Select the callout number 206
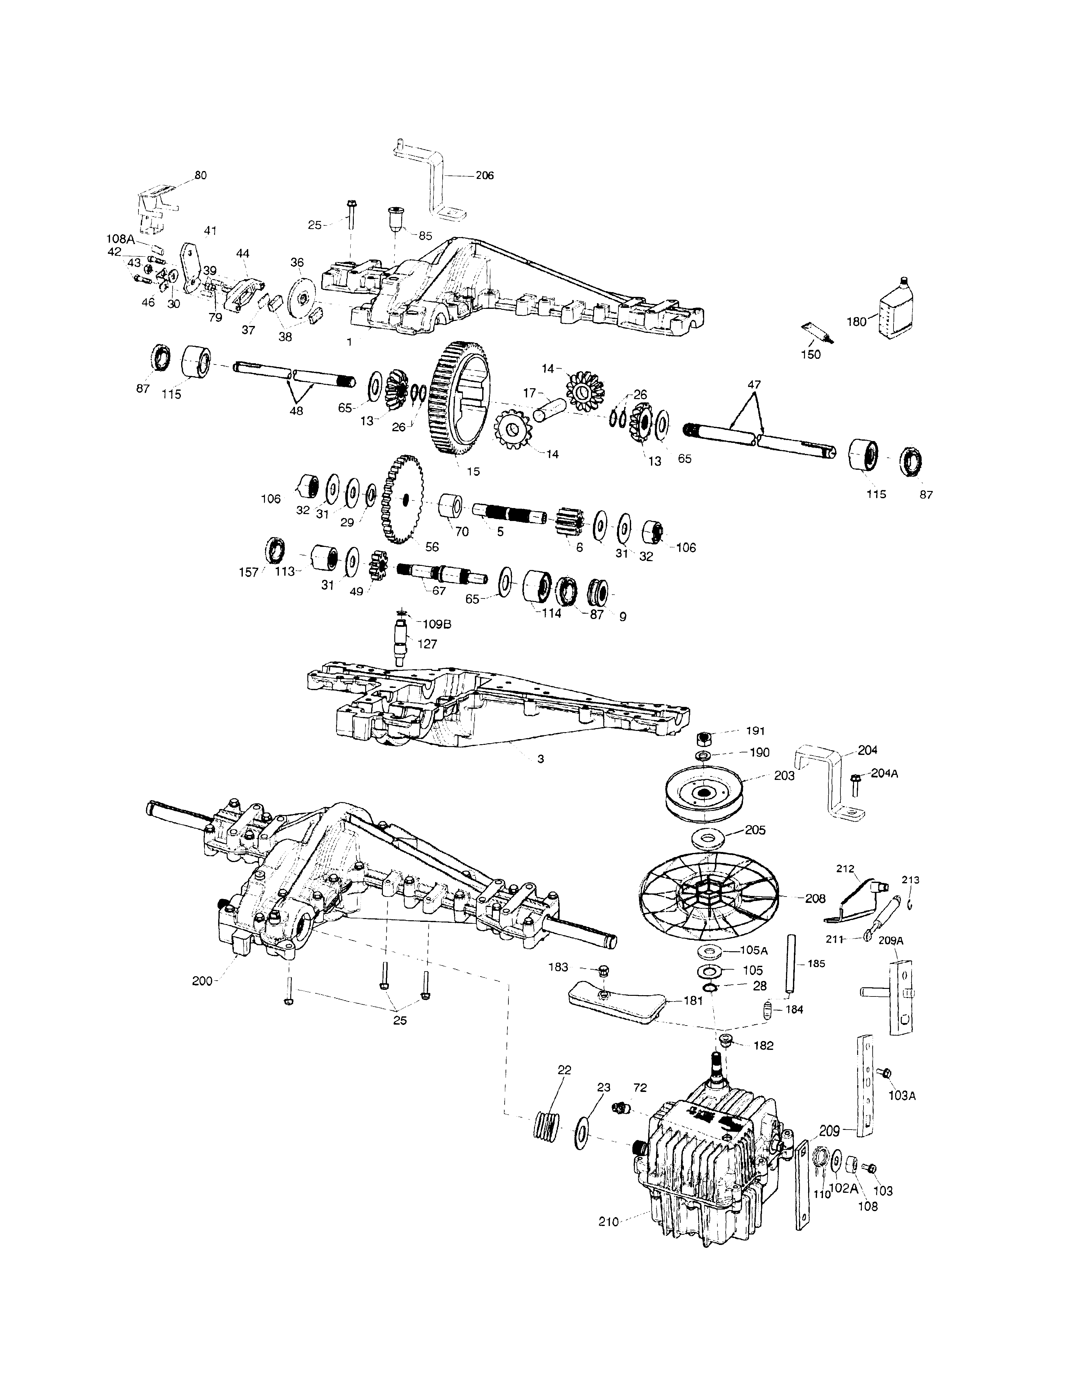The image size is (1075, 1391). click(x=485, y=175)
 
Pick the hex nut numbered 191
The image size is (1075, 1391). click(x=703, y=739)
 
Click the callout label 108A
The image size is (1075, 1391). click(x=120, y=240)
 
